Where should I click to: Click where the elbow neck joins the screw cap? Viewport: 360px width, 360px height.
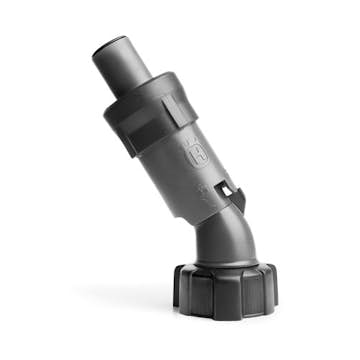(x=222, y=263)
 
